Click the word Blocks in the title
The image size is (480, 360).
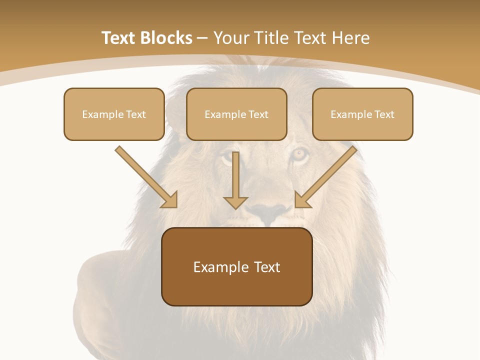pos(167,38)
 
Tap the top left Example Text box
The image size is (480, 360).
pos(114,114)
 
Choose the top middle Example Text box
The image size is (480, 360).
pos(236,114)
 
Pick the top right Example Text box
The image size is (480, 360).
pos(362,114)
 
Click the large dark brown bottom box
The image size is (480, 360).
pos(236,266)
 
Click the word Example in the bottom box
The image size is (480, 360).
pos(218,267)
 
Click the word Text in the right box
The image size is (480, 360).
pos(384,114)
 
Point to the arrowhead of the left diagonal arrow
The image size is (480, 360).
pos(170,200)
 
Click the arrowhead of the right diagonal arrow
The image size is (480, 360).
pos(302,200)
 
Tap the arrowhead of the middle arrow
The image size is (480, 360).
pos(235,202)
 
